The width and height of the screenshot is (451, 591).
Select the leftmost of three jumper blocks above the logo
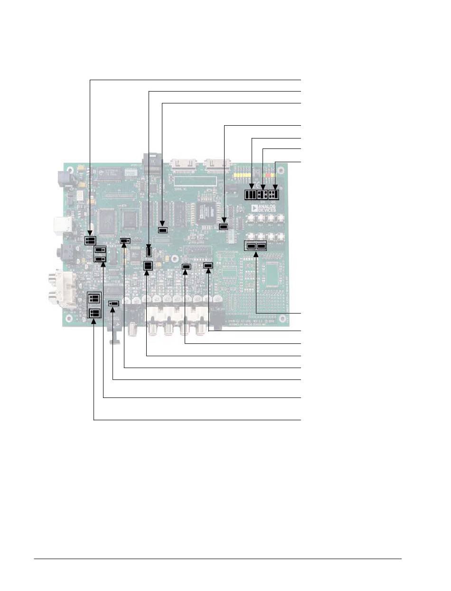click(250, 194)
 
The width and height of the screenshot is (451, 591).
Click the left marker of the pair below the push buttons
click(250, 246)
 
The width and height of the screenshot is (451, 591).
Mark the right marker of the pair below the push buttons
click(261, 246)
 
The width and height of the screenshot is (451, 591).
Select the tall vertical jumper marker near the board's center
click(149, 251)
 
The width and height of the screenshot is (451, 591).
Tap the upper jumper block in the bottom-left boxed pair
click(94, 298)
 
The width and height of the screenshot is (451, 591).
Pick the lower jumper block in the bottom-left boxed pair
click(94, 313)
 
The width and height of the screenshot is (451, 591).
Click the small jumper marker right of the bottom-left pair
click(113, 303)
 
